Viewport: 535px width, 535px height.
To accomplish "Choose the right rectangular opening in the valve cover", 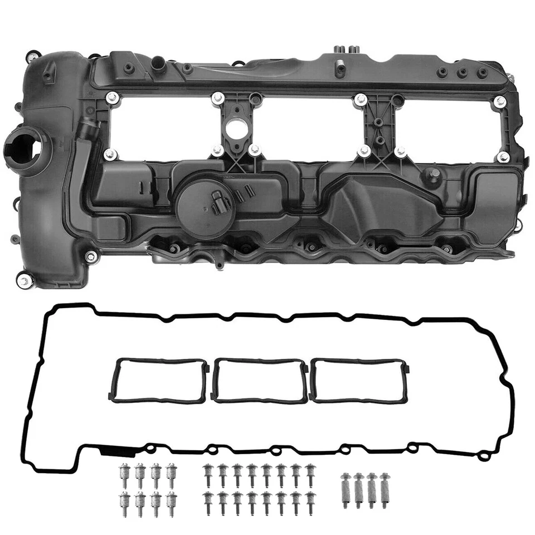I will [x=446, y=128].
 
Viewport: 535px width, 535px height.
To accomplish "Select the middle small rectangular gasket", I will [x=260, y=380].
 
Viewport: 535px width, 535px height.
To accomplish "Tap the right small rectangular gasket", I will [x=359, y=380].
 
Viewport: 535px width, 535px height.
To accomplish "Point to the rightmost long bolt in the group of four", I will [x=384, y=489].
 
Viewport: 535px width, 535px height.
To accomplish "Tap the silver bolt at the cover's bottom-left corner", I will [x=22, y=280].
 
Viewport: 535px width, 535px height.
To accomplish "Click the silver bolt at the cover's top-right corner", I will [x=500, y=101].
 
